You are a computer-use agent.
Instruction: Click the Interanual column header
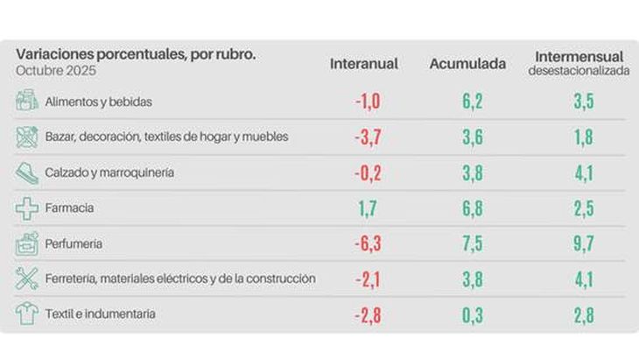[x=364, y=64]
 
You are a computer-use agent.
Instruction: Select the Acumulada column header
[x=467, y=64]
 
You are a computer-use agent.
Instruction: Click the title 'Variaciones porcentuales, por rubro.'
[x=136, y=54]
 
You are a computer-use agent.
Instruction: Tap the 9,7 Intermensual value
[x=583, y=244]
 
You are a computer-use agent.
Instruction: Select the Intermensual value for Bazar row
[x=583, y=138]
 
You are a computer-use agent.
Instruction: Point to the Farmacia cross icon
[x=27, y=208]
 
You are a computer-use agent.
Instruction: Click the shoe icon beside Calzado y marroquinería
[x=27, y=173]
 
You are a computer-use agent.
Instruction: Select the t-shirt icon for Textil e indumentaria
[x=27, y=314]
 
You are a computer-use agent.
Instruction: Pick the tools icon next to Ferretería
[x=27, y=279]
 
